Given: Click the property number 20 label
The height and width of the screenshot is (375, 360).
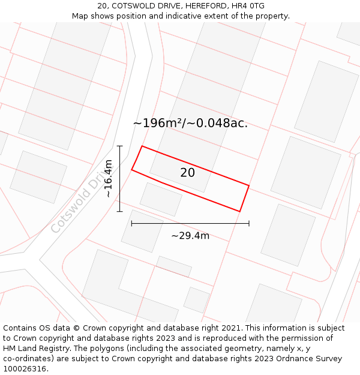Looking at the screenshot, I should coord(187,173).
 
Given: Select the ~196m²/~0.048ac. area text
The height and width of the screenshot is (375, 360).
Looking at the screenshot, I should coord(190,123).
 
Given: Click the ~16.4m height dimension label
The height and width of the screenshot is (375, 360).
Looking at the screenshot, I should coord(108,178).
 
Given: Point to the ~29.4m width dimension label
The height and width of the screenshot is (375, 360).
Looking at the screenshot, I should coord(190,236).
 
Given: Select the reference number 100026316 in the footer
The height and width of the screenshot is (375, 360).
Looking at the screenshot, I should coord(26,368).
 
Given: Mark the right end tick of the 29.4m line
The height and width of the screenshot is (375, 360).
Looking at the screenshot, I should coord(249,223).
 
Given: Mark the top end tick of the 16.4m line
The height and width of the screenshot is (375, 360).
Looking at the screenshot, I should coord(119,146).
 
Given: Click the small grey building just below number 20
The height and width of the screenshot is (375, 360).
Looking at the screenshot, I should coord(161,199).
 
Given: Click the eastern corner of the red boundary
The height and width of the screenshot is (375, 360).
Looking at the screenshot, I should coord(248,185).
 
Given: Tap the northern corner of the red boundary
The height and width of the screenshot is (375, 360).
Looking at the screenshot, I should coord(142,146).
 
